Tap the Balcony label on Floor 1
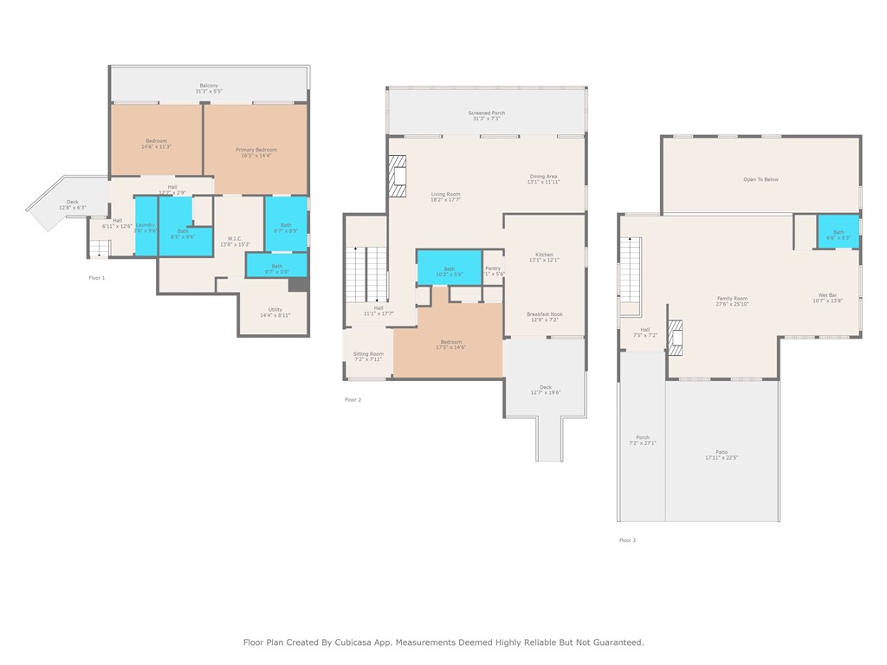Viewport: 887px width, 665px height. (x=209, y=86)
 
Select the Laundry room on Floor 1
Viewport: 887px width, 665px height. (x=146, y=226)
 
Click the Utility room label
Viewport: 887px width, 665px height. (x=275, y=309)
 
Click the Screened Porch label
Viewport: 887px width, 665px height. (x=486, y=113)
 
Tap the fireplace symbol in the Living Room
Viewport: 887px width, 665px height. (x=397, y=176)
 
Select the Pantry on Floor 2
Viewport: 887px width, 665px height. (x=493, y=269)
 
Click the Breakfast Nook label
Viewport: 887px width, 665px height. (x=544, y=314)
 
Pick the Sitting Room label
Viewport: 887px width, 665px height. (x=368, y=354)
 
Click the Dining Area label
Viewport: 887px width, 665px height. (x=544, y=177)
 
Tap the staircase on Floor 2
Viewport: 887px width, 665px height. (x=366, y=273)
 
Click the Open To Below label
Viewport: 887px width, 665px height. (x=761, y=179)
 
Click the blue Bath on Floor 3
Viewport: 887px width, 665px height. (x=838, y=232)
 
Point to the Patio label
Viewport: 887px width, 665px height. (x=721, y=452)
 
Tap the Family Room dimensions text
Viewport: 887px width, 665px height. (x=732, y=304)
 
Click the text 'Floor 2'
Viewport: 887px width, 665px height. (x=353, y=399)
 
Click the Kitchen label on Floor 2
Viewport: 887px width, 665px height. (x=543, y=255)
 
